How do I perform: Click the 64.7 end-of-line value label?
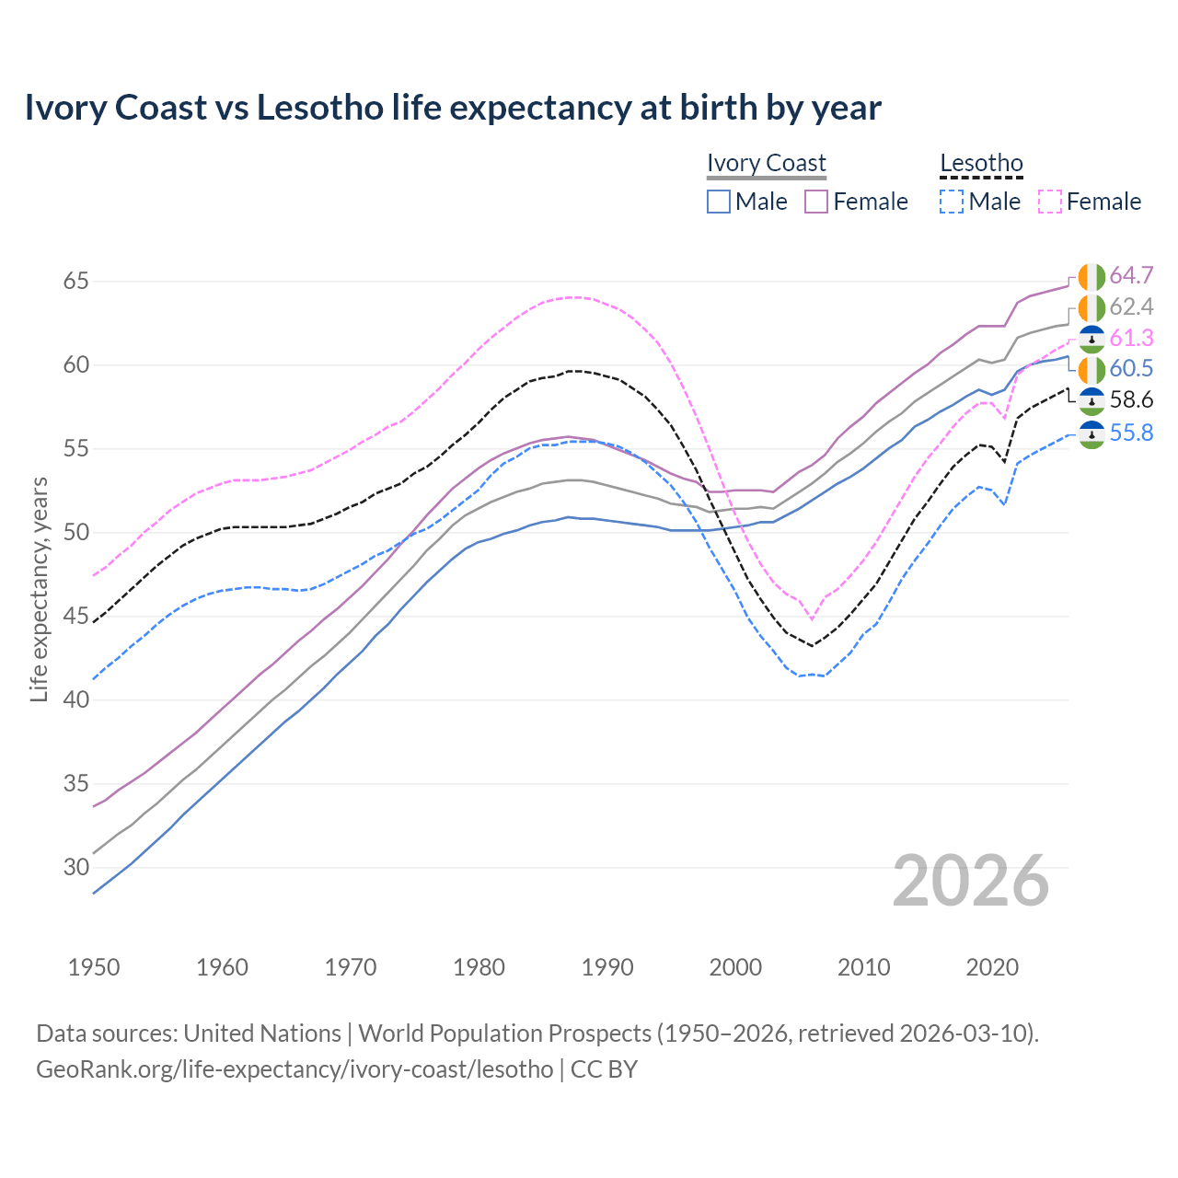click(x=1131, y=275)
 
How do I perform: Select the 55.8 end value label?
click(x=1131, y=433)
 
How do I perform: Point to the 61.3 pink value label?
click(x=1131, y=338)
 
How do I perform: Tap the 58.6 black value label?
click(x=1131, y=399)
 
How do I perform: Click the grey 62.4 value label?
click(x=1131, y=306)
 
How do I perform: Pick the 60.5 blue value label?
click(x=1131, y=368)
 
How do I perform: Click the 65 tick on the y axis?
click(x=76, y=281)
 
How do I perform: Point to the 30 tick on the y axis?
click(x=76, y=867)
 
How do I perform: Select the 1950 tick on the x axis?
click(x=94, y=967)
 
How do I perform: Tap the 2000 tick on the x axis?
click(x=735, y=967)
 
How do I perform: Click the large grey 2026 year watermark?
click(x=970, y=881)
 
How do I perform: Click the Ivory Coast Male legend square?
click(x=719, y=202)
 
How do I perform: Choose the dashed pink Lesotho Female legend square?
click(x=1049, y=202)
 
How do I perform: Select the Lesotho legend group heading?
click(x=981, y=164)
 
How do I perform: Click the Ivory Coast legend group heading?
click(x=767, y=163)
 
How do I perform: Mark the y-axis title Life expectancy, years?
click(x=39, y=589)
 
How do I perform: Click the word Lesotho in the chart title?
click(x=319, y=108)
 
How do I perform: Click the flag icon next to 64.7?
click(x=1091, y=276)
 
